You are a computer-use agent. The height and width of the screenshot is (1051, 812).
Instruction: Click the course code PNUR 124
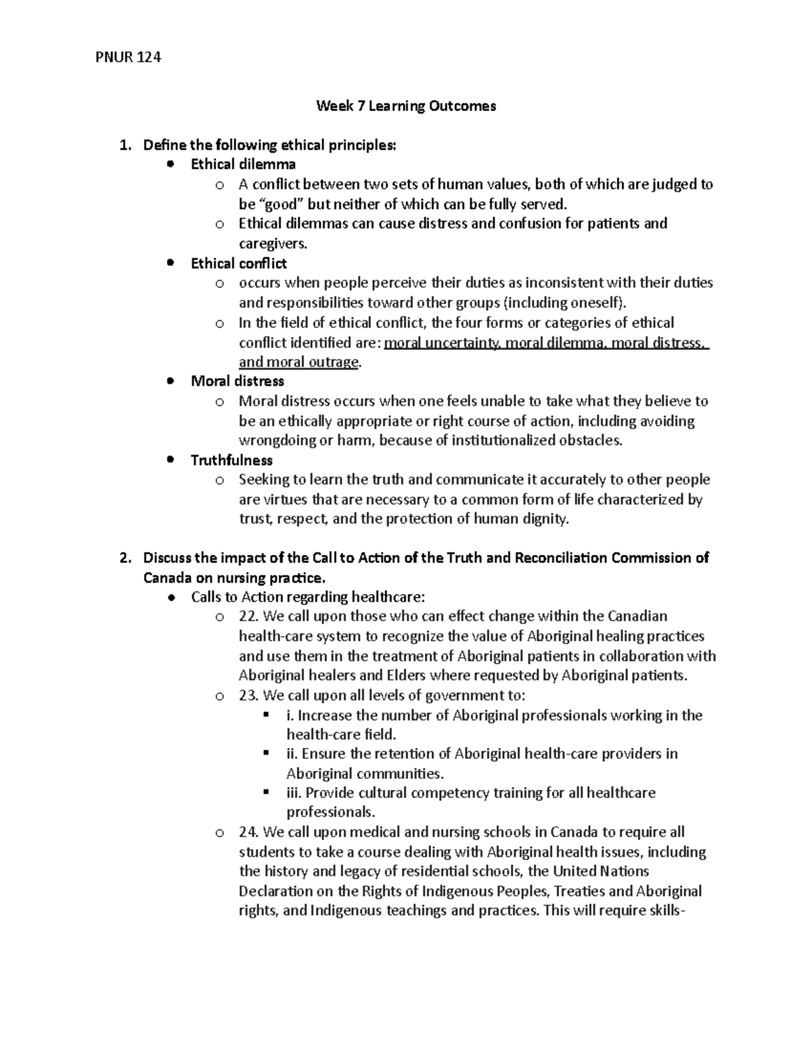coord(129,58)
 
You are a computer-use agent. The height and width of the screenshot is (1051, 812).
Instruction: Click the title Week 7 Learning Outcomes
coord(406,106)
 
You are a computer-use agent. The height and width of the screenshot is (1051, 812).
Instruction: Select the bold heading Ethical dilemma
coord(243,164)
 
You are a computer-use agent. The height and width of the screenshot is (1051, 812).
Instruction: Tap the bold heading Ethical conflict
coord(239,263)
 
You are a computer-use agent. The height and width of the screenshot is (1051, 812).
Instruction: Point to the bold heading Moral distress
coord(238,381)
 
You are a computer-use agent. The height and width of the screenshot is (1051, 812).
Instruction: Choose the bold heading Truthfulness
coord(231,460)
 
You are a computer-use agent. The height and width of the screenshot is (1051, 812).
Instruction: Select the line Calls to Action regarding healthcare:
coord(308,597)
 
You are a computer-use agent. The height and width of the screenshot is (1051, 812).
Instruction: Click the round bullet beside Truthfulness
coord(171,460)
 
